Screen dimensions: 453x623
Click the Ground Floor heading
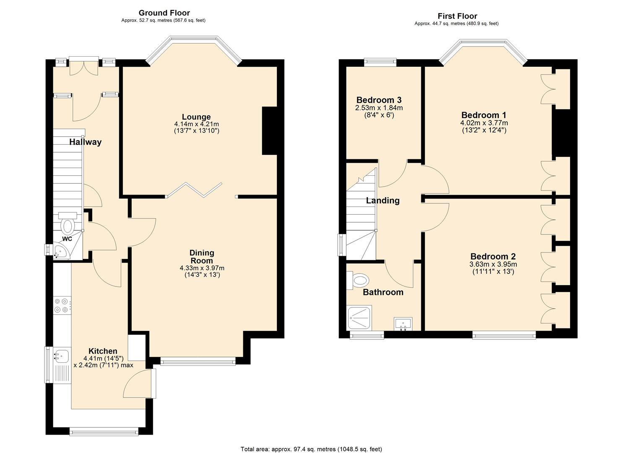[164, 13]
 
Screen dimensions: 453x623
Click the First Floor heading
[457, 16]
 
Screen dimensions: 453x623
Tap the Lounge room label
[196, 117]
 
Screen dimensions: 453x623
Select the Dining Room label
[202, 256]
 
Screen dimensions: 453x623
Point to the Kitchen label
[103, 351]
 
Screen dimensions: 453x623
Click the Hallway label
[85, 142]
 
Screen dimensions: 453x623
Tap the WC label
[67, 239]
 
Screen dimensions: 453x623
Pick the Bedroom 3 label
[379, 100]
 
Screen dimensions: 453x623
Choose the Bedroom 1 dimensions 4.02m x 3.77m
[484, 123]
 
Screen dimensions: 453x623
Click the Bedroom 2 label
[493, 256]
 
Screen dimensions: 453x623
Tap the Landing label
[383, 200]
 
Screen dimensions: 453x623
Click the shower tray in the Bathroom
[359, 318]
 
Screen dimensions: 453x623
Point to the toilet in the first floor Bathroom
[358, 280]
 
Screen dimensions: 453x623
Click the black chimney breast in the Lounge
[270, 131]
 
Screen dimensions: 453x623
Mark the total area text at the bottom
[311, 449]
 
